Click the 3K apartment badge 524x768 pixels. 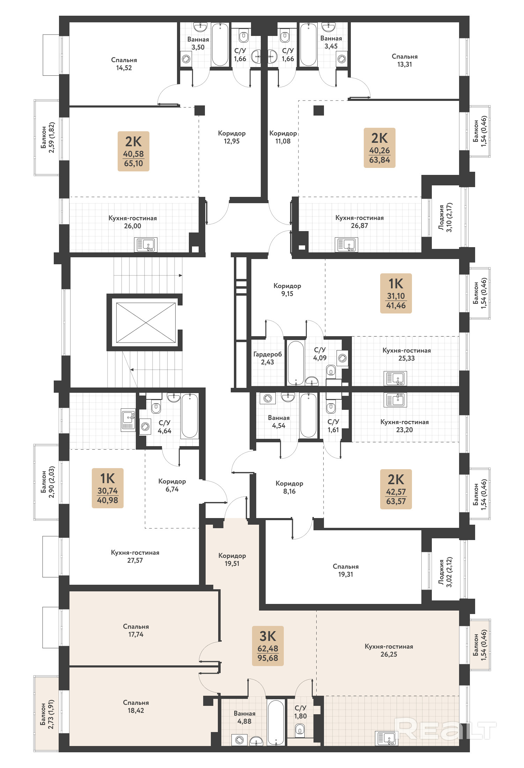[268, 646]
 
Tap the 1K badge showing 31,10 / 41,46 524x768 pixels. [396, 293]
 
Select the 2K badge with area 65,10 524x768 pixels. [133, 151]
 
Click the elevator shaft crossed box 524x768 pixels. [146, 323]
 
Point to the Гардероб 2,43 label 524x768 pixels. [267, 358]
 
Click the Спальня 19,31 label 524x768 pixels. [346, 570]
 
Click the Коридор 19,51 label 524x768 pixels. [232, 559]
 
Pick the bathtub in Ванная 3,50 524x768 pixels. [220, 44]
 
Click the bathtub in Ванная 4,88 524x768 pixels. [276, 722]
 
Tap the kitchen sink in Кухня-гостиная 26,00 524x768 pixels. [146, 245]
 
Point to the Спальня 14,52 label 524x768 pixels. [124, 64]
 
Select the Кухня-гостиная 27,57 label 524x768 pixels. [135, 556]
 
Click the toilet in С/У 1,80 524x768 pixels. [300, 729]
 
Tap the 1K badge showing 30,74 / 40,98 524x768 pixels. [108, 488]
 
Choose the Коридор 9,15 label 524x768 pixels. [287, 290]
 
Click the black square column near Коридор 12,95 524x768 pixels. [200, 110]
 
